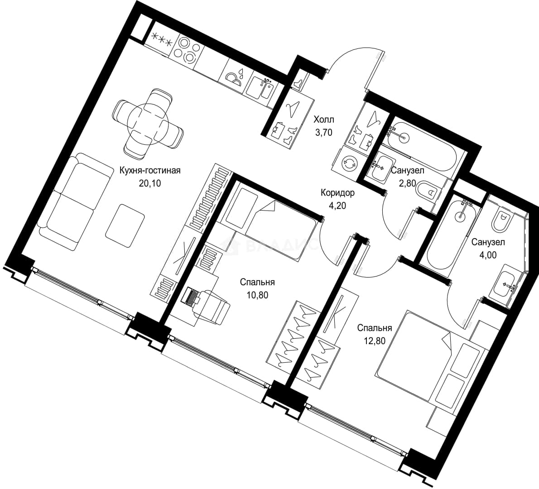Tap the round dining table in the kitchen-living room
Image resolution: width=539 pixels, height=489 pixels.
click(148, 124)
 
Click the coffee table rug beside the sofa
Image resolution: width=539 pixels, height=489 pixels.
click(125, 225)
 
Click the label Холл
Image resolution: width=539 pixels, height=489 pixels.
click(323, 120)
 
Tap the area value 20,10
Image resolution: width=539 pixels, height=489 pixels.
click(150, 183)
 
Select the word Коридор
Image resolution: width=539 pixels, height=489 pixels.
click(337, 193)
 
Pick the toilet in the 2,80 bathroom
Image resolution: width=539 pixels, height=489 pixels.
click(426, 190)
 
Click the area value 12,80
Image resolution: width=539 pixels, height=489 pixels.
click(375, 341)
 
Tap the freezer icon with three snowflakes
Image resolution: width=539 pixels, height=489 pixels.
click(162, 38)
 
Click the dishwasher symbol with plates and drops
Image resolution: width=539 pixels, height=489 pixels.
click(236, 76)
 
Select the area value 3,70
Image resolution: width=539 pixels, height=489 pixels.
click(324, 132)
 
